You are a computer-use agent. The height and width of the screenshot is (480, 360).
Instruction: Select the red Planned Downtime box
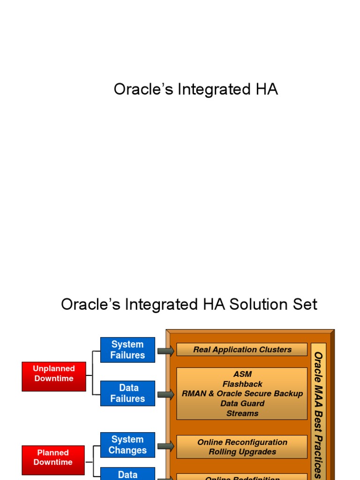(53, 457)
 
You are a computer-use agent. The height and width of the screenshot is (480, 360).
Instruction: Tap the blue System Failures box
(127, 350)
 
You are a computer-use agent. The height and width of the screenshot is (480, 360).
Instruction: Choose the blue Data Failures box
(127, 393)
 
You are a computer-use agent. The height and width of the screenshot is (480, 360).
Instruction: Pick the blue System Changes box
(127, 445)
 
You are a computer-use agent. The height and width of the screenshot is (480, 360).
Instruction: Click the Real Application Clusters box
(242, 350)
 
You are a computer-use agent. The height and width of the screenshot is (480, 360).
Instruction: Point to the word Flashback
(242, 384)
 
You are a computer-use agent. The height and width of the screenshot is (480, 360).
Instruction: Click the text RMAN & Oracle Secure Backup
(242, 394)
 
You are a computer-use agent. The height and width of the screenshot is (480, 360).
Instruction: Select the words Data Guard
(242, 404)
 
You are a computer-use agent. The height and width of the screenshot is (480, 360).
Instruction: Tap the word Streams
(242, 413)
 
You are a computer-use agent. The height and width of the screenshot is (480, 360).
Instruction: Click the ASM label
(242, 374)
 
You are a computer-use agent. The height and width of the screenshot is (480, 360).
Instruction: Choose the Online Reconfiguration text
(242, 442)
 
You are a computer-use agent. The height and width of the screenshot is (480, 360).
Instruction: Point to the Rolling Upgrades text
(242, 452)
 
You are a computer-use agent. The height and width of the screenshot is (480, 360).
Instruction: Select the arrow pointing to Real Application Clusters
(165, 351)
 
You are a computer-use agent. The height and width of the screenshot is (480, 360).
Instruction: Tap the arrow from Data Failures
(165, 395)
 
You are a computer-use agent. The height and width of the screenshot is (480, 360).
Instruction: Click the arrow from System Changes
(165, 446)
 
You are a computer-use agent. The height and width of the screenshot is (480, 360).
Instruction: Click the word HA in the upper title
(267, 89)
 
